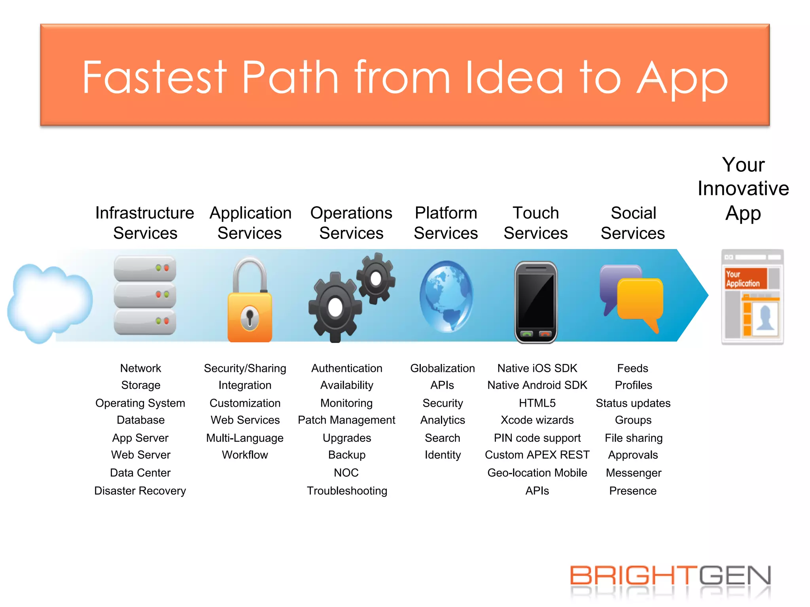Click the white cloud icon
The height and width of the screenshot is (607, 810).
(49, 302)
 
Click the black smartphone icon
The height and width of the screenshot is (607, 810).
(536, 302)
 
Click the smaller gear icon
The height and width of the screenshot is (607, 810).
(376, 279)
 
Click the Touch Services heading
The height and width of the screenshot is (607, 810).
(536, 223)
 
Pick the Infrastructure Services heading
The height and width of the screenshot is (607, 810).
(145, 223)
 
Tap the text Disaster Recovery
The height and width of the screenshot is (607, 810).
(140, 491)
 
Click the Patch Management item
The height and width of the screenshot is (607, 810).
(346, 420)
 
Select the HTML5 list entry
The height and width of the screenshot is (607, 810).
(537, 403)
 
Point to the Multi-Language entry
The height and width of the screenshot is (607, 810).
(245, 438)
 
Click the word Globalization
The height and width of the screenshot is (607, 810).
(442, 368)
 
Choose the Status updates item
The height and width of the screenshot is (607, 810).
(633, 403)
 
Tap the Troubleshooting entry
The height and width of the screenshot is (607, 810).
(347, 491)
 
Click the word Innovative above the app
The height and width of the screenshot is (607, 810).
(743, 189)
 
